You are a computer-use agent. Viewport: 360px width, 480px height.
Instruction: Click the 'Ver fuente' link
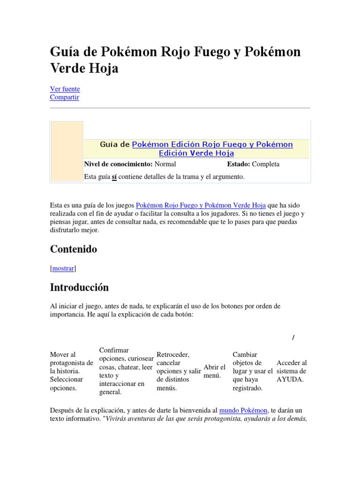click(65, 89)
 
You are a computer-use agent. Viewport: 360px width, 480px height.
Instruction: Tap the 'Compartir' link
click(64, 97)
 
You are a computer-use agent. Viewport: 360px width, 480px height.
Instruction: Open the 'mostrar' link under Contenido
click(63, 269)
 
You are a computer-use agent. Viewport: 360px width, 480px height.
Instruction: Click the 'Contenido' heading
click(74, 249)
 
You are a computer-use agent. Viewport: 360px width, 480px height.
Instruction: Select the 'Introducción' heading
click(79, 287)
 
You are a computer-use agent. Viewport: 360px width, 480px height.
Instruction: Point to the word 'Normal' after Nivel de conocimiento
click(165, 164)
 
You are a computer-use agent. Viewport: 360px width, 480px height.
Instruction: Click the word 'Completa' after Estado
click(265, 164)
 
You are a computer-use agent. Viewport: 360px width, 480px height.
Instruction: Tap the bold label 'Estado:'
click(239, 164)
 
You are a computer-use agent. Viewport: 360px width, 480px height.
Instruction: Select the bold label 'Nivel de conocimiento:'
click(118, 164)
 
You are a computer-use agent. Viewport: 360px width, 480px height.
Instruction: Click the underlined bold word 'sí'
click(114, 177)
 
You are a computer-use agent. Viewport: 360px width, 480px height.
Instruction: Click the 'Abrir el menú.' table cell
click(215, 371)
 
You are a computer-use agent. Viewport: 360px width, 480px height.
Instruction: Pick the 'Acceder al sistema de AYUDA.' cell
click(292, 371)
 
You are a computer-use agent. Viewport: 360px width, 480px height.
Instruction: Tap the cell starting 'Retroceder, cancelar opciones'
click(179, 371)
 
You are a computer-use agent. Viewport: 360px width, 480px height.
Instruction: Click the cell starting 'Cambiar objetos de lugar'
click(252, 371)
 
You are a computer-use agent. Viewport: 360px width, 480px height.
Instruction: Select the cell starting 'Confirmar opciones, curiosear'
click(126, 371)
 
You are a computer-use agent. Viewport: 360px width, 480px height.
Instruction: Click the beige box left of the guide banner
click(67, 151)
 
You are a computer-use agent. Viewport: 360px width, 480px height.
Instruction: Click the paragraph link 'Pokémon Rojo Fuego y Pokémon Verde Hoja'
click(201, 205)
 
